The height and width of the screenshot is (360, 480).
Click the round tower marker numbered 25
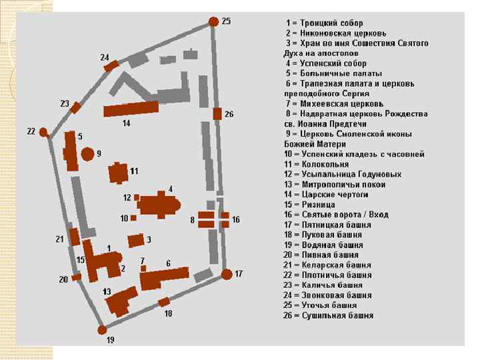pyautogui.click(x=213, y=22)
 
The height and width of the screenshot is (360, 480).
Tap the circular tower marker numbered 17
pyautogui.click(x=227, y=274)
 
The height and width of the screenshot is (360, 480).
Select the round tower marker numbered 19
pyautogui.click(x=102, y=329)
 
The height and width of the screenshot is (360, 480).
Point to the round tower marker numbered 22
pyautogui.click(x=44, y=133)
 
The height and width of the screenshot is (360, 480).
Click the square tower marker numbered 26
pyautogui.click(x=217, y=113)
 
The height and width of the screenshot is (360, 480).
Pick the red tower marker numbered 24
pyautogui.click(x=111, y=65)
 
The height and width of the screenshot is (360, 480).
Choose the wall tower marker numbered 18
pyautogui.click(x=164, y=302)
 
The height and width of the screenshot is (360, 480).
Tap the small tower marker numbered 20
pyautogui.click(x=77, y=277)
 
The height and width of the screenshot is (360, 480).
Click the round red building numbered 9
pyautogui.click(x=87, y=154)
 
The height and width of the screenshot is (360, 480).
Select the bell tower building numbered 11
pyautogui.click(x=119, y=173)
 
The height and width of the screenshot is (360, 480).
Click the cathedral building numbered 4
pyautogui.click(x=160, y=205)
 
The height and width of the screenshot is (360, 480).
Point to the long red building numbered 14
pyautogui.click(x=131, y=110)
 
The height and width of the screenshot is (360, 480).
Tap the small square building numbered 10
pyautogui.click(x=133, y=218)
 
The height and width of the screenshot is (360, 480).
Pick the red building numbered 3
pyautogui.click(x=135, y=240)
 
